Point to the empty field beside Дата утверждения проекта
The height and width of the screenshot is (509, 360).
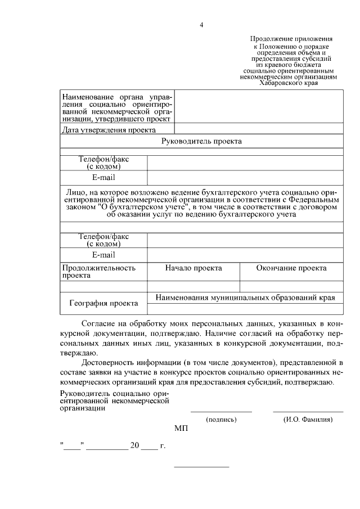(x=259, y=130)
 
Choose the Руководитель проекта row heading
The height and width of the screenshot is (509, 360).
(x=201, y=141)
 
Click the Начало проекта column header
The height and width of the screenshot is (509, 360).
(x=193, y=268)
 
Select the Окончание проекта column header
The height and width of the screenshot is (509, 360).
(x=291, y=268)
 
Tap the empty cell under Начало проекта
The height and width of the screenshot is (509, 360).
(x=193, y=286)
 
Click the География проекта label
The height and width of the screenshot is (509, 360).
(x=103, y=303)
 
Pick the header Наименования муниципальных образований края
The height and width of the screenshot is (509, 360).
(x=245, y=298)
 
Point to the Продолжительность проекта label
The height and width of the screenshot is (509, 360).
(x=98, y=272)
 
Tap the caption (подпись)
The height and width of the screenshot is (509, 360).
(x=221, y=420)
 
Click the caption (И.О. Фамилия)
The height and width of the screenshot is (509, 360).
(x=308, y=420)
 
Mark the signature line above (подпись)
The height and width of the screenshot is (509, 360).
(x=221, y=412)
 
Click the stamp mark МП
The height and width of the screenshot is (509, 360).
(x=181, y=429)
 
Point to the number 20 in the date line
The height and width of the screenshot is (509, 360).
(x=134, y=445)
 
